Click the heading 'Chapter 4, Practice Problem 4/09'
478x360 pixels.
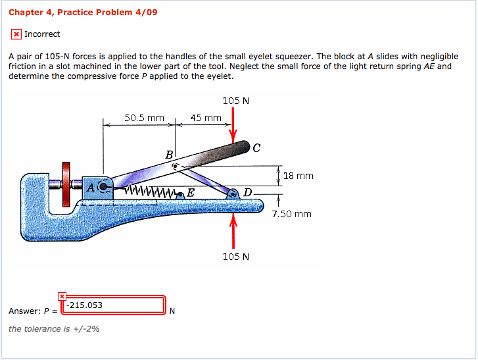coord(83,13)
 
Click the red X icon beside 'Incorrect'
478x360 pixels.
coord(16,34)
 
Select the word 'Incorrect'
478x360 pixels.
coord(42,34)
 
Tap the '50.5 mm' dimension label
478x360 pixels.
coord(144,118)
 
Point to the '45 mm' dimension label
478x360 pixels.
coord(206,118)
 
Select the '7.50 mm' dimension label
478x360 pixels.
coord(292,214)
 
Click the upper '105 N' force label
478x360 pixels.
coord(235,101)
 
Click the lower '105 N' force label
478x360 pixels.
coord(235,256)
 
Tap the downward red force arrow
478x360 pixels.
coord(233,125)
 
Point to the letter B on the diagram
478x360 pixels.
coord(169,154)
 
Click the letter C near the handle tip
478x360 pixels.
coord(256,147)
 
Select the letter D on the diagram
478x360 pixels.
coord(247,192)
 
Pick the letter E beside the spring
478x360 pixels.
coord(190,193)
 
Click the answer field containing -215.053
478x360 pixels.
coord(112,305)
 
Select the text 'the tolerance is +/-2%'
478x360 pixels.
coord(54,328)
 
